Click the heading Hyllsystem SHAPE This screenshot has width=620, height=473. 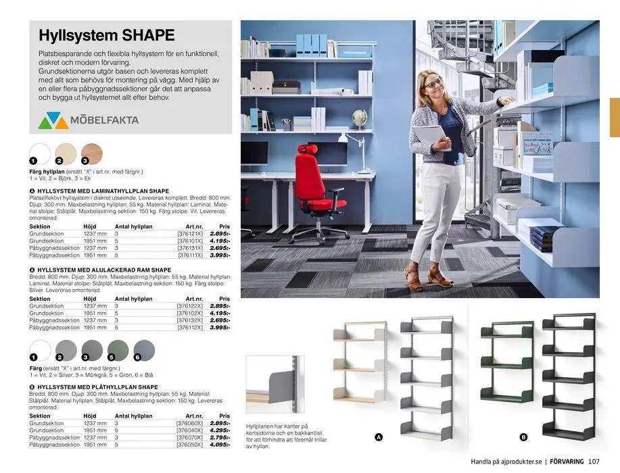(107, 36)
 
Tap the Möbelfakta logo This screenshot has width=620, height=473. (89, 121)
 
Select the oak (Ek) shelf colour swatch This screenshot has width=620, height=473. (91, 153)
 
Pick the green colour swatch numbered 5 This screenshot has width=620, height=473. (118, 350)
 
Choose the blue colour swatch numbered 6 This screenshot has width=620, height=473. (144, 350)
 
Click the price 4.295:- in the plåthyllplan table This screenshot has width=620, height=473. (219, 430)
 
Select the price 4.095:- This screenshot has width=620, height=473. (219, 445)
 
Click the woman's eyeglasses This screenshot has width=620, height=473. (433, 83)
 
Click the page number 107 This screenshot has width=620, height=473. (594, 462)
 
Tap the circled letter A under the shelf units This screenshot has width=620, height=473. (379, 437)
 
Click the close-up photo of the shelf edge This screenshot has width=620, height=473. (275, 384)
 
